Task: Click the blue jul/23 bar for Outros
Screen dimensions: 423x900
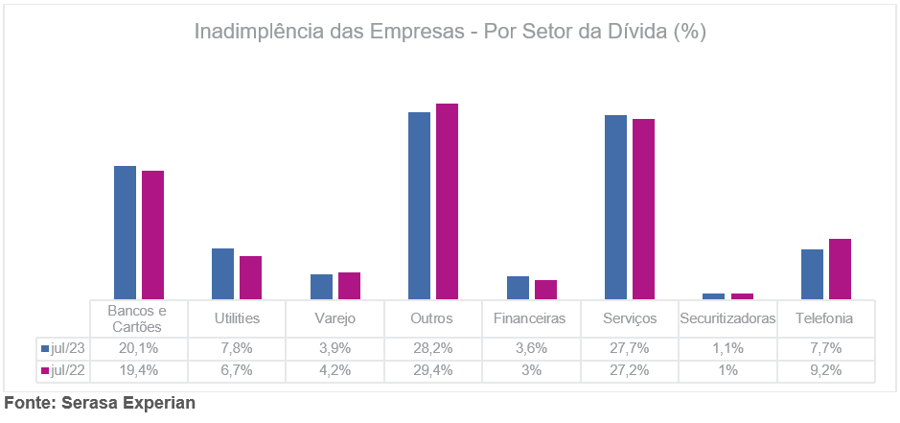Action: (419, 205)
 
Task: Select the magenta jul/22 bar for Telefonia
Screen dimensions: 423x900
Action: (840, 269)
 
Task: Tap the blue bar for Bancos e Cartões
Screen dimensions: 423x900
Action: (126, 232)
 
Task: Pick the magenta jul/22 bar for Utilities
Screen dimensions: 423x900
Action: (250, 277)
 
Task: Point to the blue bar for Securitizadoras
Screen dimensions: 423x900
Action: (714, 295)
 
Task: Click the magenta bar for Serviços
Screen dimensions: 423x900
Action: (643, 209)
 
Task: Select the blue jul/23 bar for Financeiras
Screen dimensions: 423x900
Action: (518, 288)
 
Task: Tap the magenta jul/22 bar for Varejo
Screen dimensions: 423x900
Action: (349, 286)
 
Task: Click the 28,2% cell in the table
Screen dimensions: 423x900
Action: (432, 346)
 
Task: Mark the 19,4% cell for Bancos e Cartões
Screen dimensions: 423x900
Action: (138, 369)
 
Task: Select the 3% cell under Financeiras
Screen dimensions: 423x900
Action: (531, 369)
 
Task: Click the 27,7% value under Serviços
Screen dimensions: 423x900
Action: (629, 346)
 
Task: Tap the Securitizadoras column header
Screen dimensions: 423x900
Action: (727, 317)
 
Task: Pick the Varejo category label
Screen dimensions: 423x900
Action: (335, 317)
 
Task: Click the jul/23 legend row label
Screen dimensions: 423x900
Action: (64, 346)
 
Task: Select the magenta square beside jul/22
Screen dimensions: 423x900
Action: (45, 369)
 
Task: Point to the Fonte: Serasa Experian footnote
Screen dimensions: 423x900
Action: (100, 403)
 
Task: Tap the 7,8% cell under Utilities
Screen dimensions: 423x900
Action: (236, 346)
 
